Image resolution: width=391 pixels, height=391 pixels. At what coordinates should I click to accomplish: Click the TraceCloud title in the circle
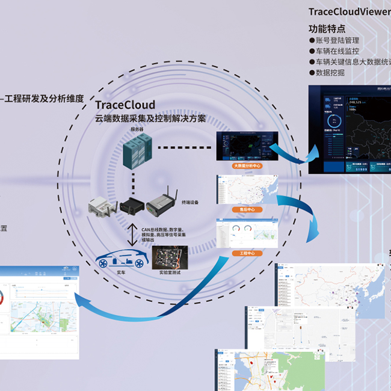[125, 105]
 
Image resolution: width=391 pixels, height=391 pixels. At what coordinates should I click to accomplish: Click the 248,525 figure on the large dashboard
[342, 102]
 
